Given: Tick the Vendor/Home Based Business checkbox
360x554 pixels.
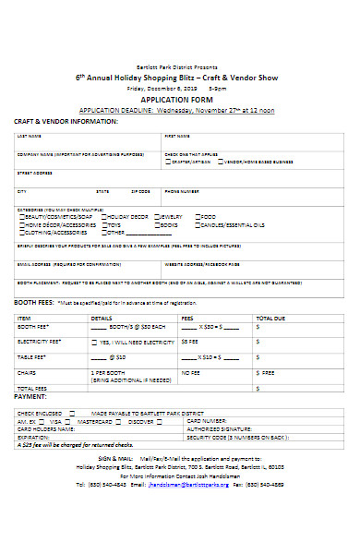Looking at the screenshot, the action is (219, 161).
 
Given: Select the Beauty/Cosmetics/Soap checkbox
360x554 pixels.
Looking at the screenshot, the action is (22, 216).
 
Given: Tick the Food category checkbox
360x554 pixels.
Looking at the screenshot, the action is (199, 216).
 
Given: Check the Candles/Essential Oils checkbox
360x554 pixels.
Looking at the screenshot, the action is (199, 224).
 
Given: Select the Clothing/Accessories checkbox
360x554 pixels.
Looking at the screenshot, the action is (22, 233).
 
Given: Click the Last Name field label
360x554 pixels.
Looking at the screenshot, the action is (29, 137).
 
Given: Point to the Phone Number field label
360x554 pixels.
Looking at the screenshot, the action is (181, 191).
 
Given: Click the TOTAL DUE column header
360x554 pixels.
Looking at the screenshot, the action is (270, 317).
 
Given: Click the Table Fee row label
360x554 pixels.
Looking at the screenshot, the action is (32, 355).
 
